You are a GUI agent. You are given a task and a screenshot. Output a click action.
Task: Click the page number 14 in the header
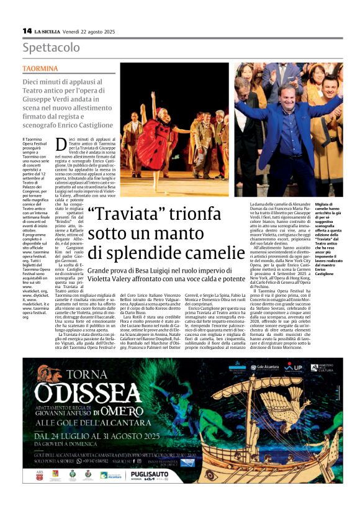coord(27,30)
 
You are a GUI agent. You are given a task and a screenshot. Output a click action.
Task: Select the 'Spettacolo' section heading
coord(52,48)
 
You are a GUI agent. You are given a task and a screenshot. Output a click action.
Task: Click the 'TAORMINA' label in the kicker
coord(40,68)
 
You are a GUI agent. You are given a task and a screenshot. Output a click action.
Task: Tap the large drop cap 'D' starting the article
coord(61,145)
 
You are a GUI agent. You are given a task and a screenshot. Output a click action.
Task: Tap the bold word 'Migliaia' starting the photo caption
coord(325,204)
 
